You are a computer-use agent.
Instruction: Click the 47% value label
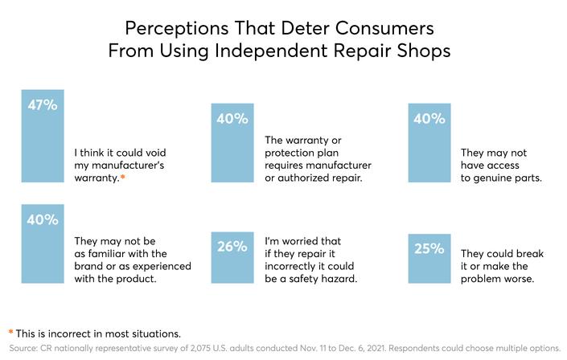pyautogui.click(x=43, y=105)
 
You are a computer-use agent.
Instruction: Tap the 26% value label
pyautogui.click(x=232, y=247)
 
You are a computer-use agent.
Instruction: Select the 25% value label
pyautogui.click(x=429, y=248)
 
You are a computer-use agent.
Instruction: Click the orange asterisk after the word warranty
pyautogui.click(x=122, y=177)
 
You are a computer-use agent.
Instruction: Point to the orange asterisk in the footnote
pyautogui.click(x=10, y=332)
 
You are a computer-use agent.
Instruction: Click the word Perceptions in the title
pyautogui.click(x=177, y=28)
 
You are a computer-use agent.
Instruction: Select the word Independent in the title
pyautogui.click(x=272, y=51)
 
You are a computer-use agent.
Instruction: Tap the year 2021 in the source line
pyautogui.click(x=376, y=349)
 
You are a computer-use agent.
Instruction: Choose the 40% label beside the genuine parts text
pyautogui.click(x=429, y=119)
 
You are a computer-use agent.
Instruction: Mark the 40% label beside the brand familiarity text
pyautogui.click(x=43, y=219)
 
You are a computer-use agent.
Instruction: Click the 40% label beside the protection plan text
pyautogui.click(x=232, y=119)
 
